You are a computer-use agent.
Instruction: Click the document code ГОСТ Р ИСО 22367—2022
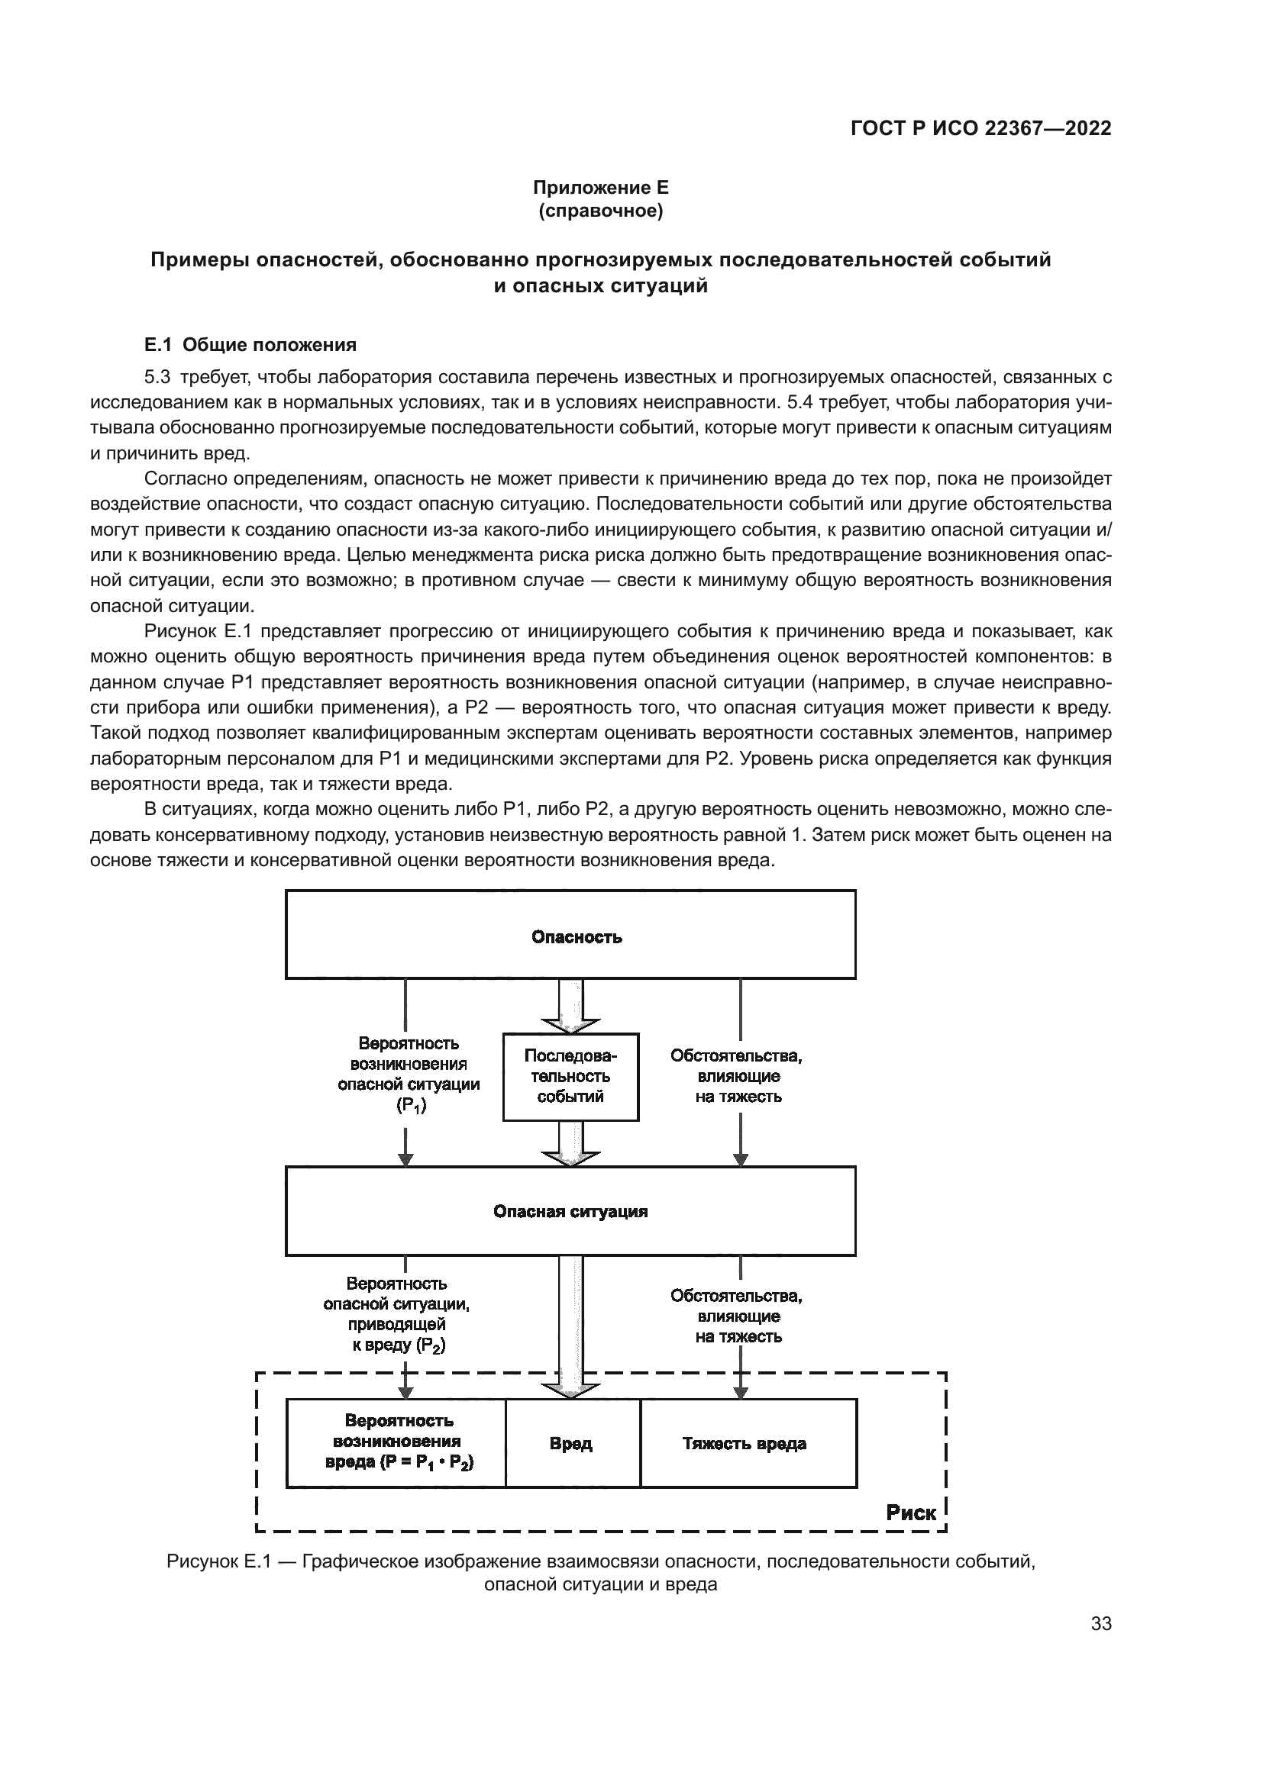coord(980,128)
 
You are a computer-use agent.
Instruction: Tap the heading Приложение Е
coord(600,188)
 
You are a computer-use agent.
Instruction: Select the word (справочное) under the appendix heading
coord(600,211)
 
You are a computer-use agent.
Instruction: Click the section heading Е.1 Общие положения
coord(250,344)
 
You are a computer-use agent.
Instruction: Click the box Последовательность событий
coord(570,1077)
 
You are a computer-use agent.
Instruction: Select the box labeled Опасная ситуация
coord(570,1210)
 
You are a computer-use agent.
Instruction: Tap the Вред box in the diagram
coord(572,1444)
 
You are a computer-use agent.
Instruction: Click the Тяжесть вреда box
coord(748,1444)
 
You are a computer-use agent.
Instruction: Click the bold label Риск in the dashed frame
coord(911,1512)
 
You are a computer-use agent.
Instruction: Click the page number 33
coord(1100,1623)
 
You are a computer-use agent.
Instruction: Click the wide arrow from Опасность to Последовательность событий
coord(571,1007)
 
